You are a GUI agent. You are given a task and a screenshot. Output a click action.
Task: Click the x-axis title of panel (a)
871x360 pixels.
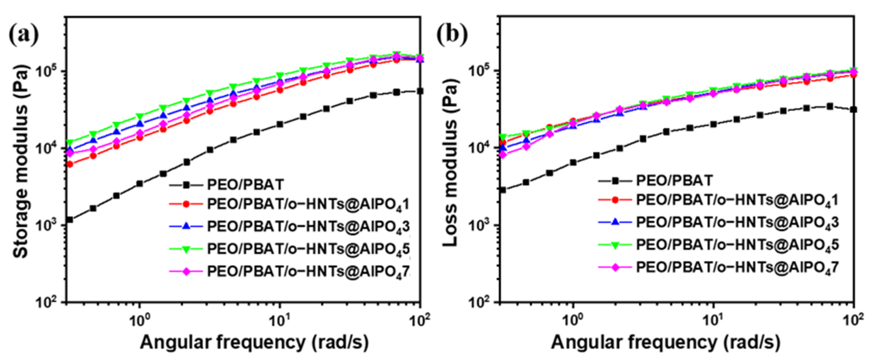(254, 342)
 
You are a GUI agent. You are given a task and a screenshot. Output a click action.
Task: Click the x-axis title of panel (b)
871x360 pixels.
(666, 342)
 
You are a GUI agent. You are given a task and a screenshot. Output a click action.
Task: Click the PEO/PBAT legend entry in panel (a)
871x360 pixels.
(245, 185)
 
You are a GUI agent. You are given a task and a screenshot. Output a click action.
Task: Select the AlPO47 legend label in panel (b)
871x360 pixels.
(737, 267)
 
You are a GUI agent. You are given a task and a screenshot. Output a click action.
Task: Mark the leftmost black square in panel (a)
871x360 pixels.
(70, 220)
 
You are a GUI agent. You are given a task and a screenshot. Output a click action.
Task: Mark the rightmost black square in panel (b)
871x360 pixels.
(853, 109)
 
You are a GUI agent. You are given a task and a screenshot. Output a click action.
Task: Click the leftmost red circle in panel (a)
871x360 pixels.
(70, 164)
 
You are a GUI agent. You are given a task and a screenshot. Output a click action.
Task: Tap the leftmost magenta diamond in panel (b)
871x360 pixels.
(503, 155)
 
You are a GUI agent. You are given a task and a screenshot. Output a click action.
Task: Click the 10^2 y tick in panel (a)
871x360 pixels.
(50, 302)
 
